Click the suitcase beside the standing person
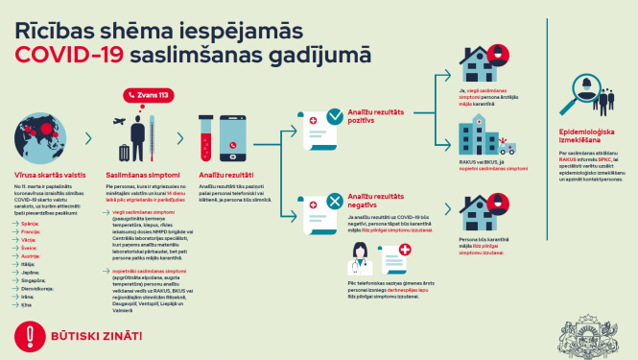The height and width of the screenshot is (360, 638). tap(124, 152)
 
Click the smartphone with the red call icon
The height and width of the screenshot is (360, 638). tap(237, 138)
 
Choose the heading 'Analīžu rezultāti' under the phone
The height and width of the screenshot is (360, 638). tap(226, 175)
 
